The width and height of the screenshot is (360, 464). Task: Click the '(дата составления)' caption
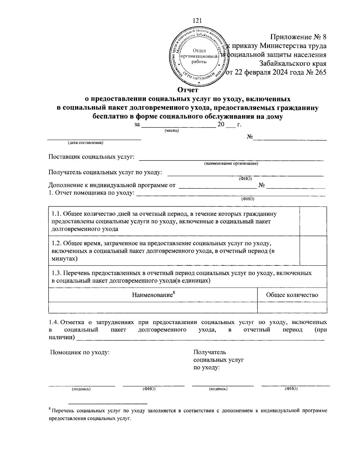(x=85, y=143)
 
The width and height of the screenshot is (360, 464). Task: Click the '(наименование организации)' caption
(x=231, y=163)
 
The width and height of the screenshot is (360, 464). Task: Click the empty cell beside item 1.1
(x=313, y=221)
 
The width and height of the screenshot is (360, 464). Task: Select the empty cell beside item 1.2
(x=313, y=251)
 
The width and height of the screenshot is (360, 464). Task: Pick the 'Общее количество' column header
(x=292, y=295)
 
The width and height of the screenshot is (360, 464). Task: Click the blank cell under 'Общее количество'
(x=292, y=307)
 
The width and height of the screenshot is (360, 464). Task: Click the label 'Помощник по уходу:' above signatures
(x=80, y=352)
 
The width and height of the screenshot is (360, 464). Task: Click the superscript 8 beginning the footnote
(x=49, y=409)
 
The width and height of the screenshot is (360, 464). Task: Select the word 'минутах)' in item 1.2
(x=64, y=258)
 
